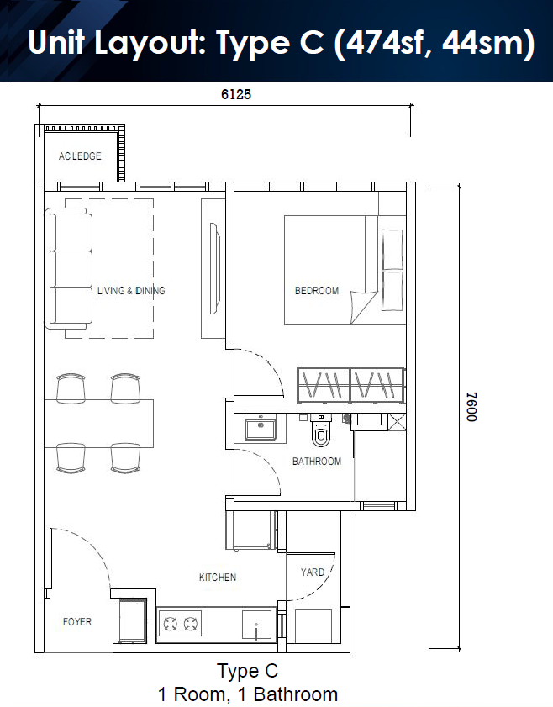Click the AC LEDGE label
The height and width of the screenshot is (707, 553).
click(x=80, y=156)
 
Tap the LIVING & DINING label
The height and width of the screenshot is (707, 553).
click(x=131, y=290)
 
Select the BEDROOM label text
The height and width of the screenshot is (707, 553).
click(x=316, y=290)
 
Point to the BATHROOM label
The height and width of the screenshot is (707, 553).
click(x=316, y=462)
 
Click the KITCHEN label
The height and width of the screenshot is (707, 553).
click(x=218, y=578)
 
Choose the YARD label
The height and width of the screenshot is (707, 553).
click(x=313, y=572)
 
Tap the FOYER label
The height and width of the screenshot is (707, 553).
click(x=77, y=622)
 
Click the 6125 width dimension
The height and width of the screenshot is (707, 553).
click(x=236, y=94)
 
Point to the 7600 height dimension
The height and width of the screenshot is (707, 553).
click(x=471, y=407)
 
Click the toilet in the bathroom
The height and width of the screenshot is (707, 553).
click(x=320, y=430)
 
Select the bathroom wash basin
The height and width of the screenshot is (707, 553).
click(x=261, y=427)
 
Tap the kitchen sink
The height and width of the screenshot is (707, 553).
click(x=257, y=625)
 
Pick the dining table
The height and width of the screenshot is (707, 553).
click(x=98, y=424)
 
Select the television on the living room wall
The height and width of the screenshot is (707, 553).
click(x=215, y=268)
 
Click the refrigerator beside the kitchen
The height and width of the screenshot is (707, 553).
click(x=251, y=530)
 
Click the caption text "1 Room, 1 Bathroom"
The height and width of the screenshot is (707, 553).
click(x=247, y=694)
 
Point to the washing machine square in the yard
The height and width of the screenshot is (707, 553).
click(x=313, y=626)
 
